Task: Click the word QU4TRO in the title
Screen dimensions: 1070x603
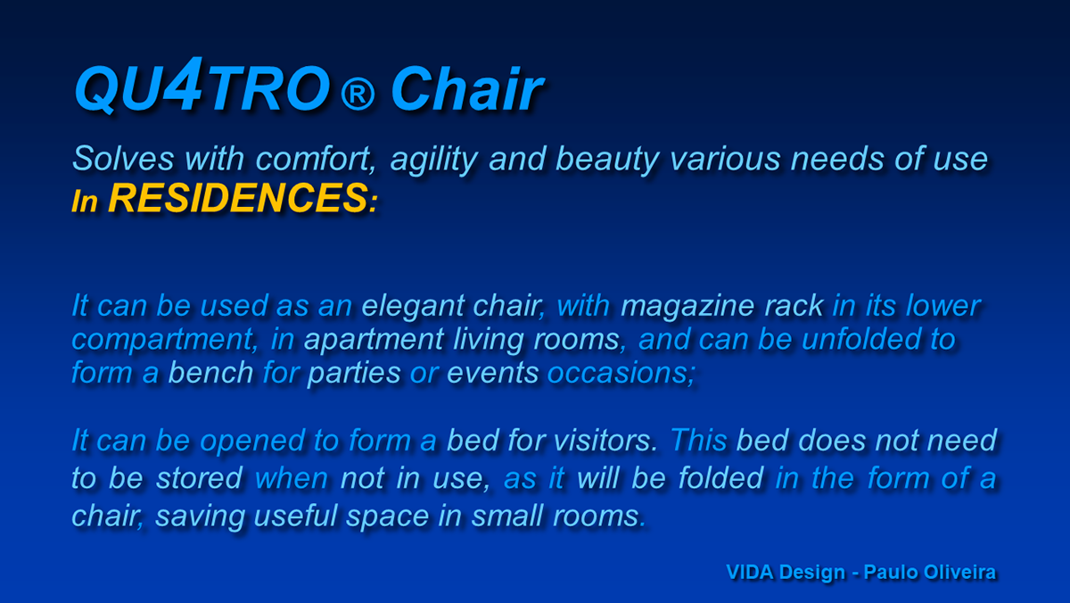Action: (202, 86)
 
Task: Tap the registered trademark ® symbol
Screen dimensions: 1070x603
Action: (358, 95)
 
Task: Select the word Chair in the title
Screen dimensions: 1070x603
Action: (467, 89)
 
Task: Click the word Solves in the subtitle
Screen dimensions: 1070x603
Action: (123, 158)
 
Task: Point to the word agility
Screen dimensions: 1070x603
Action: (433, 161)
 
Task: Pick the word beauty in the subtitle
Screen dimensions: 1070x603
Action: (607, 161)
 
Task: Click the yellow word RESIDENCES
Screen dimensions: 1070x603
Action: (237, 198)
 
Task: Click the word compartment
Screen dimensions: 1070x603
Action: (162, 341)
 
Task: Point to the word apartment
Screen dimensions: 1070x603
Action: (374, 341)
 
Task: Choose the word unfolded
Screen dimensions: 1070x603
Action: (861, 339)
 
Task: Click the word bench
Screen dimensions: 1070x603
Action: (210, 372)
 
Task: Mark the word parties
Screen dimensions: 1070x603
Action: (354, 374)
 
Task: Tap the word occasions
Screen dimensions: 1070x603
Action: (621, 372)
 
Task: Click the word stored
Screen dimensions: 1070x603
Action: (199, 478)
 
